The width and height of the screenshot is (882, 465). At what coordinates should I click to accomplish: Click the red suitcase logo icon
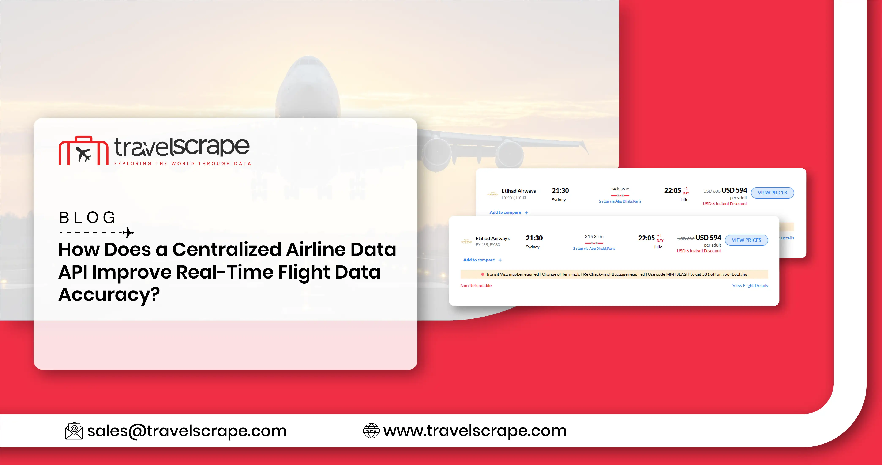(x=83, y=151)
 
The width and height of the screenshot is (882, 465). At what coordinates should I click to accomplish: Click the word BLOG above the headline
(x=88, y=218)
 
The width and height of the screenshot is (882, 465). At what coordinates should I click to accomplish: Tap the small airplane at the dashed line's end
(x=128, y=232)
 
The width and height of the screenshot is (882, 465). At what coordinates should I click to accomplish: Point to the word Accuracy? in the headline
(x=109, y=294)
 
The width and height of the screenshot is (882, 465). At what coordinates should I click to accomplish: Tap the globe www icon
(x=371, y=431)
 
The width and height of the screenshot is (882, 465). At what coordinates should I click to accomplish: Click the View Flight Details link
(x=750, y=285)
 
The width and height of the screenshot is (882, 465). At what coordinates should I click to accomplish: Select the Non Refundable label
(x=476, y=285)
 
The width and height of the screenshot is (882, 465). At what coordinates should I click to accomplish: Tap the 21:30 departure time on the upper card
(x=560, y=191)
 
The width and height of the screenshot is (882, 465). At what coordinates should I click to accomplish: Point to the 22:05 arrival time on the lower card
(x=646, y=238)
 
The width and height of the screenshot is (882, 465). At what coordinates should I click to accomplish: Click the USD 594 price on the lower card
(x=708, y=237)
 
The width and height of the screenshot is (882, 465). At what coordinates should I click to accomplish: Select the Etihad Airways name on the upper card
(x=518, y=191)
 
